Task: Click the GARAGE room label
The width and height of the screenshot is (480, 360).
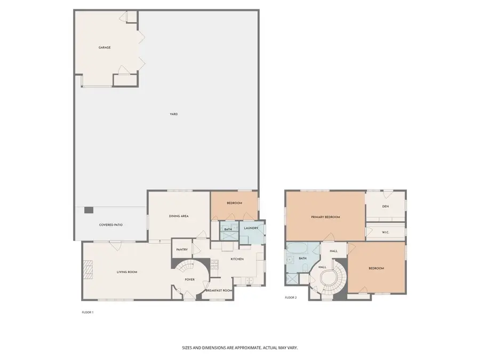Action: pyautogui.click(x=105, y=47)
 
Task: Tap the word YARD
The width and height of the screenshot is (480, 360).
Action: pyautogui.click(x=174, y=114)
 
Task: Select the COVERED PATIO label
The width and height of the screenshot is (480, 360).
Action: pyautogui.click(x=111, y=225)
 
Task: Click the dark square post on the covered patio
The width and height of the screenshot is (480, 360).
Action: pyautogui.click(x=89, y=211)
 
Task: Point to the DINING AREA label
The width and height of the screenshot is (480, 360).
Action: pyautogui.click(x=179, y=216)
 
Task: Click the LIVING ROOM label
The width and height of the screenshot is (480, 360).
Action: pyautogui.click(x=127, y=272)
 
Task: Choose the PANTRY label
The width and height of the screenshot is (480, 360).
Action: pyautogui.click(x=181, y=249)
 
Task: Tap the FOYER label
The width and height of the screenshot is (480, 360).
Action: pyautogui.click(x=189, y=279)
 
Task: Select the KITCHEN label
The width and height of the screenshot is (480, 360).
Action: pyautogui.click(x=237, y=259)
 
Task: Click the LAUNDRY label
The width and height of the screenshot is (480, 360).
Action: pyautogui.click(x=251, y=228)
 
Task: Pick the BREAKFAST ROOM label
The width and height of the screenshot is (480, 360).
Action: pyautogui.click(x=219, y=290)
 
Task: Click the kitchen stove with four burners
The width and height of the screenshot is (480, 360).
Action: pyautogui.click(x=215, y=263)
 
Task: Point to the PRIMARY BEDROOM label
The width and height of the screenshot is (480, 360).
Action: pyautogui.click(x=325, y=217)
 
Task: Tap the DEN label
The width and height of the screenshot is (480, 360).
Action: pyautogui.click(x=385, y=206)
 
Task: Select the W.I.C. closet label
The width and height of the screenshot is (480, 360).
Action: pyautogui.click(x=385, y=233)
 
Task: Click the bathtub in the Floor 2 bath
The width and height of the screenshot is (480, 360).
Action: pyautogui.click(x=297, y=250)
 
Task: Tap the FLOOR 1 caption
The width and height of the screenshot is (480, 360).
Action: pyautogui.click(x=87, y=312)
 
